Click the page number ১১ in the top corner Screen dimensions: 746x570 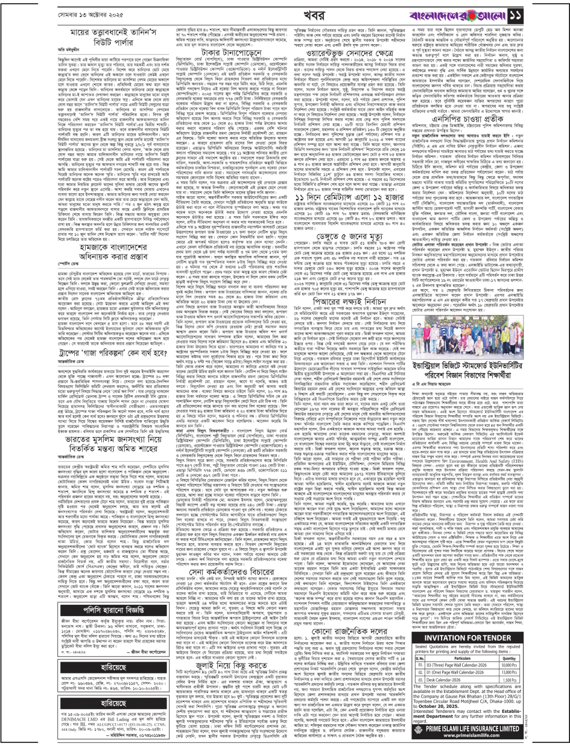pyautogui.click(x=553, y=11)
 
